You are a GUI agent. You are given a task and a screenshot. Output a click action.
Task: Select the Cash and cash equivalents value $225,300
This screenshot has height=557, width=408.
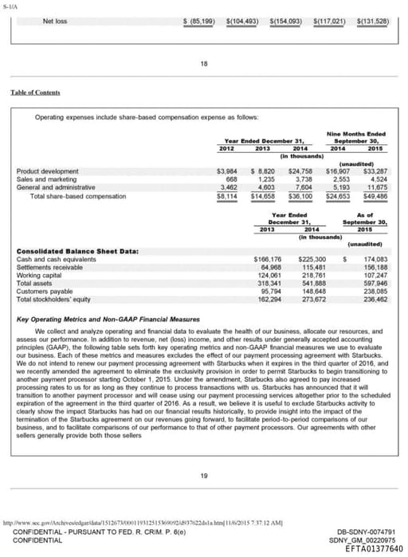coord(312,260)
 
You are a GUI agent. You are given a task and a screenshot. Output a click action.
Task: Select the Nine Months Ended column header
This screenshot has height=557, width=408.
coord(355,133)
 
